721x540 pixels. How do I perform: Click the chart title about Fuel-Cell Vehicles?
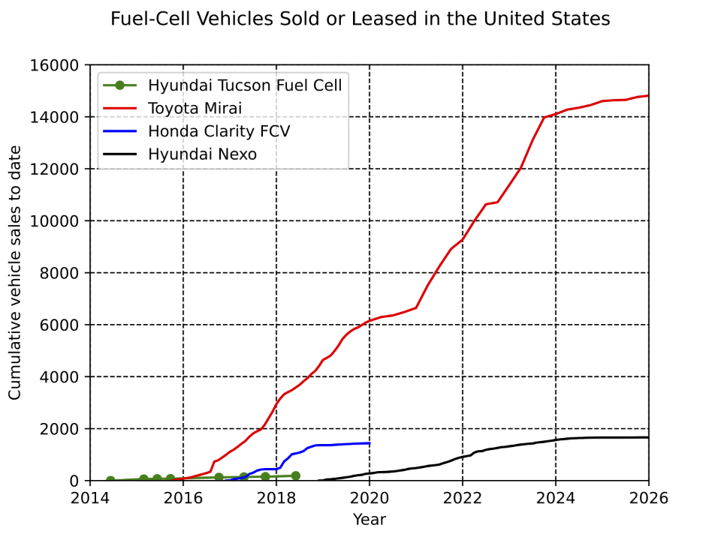(x=360, y=19)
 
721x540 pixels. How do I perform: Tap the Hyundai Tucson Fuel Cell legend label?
(x=244, y=85)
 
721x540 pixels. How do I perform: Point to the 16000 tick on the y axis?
(x=58, y=65)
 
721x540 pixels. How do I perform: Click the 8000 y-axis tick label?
(x=62, y=273)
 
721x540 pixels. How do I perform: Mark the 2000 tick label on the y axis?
(x=62, y=429)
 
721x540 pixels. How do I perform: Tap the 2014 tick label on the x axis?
(x=90, y=497)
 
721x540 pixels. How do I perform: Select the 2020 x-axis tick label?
(x=370, y=497)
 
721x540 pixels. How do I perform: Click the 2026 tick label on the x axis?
(x=648, y=497)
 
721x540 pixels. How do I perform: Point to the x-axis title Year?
(x=370, y=519)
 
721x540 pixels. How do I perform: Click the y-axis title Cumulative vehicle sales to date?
(x=16, y=273)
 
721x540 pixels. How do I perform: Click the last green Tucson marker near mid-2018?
(x=295, y=475)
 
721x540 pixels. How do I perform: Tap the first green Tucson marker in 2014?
(x=110, y=481)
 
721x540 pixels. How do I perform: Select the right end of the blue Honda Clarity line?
(x=370, y=443)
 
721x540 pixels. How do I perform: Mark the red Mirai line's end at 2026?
(x=648, y=95)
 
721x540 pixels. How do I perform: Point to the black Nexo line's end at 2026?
(x=648, y=437)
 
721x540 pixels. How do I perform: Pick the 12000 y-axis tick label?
(x=58, y=169)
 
